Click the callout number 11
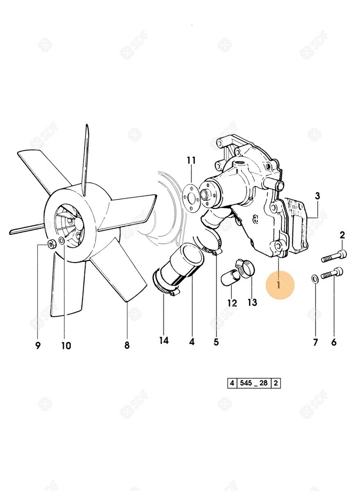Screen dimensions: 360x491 click(191, 160)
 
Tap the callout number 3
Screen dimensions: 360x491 click(317, 196)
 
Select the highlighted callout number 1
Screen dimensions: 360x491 click(278, 285)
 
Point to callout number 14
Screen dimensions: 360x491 click(164, 340)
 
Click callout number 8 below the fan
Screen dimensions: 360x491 click(127, 345)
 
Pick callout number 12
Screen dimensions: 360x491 click(232, 303)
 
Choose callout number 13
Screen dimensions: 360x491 click(252, 302)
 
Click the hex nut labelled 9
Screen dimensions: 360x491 click(51, 244)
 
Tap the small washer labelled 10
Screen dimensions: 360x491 click(62, 240)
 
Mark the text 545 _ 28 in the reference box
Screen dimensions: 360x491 click(254, 383)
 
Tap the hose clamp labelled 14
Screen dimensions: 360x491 click(166, 284)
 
